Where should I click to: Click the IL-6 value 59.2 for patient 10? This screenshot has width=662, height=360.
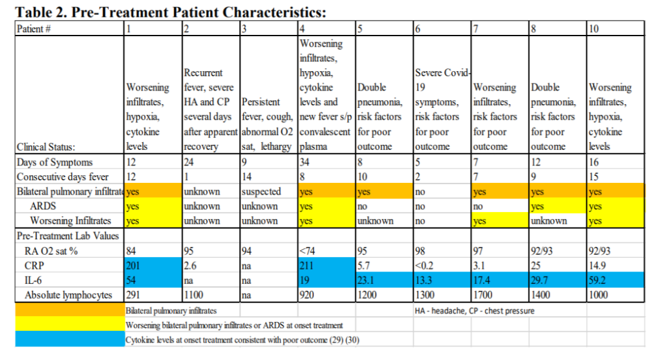coord(599,280)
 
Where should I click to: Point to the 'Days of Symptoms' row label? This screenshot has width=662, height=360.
coord(54,162)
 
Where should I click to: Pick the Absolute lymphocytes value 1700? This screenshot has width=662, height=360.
coord(484,295)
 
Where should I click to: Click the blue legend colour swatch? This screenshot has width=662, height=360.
coord(69,339)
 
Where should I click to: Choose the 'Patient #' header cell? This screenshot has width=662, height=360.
coord(35,28)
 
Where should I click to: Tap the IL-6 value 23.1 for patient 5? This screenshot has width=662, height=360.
coord(366,280)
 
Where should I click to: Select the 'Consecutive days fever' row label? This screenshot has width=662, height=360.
coord(63,176)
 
